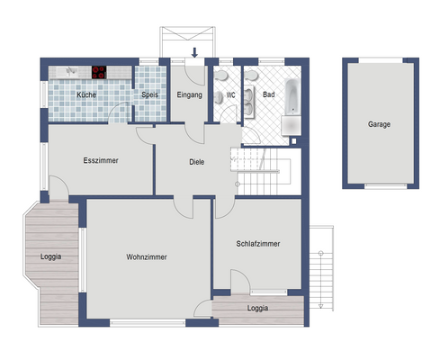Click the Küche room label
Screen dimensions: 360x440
pos(86,94)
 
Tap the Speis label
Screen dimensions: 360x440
pos(149,94)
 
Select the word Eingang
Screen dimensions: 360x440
pos(190,94)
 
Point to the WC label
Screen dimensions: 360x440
pos(231,94)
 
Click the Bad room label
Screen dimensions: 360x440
pos(268,94)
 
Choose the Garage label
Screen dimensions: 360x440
pos(379,124)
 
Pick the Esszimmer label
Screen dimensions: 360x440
pos(101,161)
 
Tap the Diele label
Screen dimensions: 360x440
pos(197,163)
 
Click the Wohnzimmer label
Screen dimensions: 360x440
pos(148,256)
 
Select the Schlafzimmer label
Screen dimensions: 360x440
pos(258,244)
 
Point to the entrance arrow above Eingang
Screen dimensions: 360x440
pos(196,54)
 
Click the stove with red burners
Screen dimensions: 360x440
pos(99,72)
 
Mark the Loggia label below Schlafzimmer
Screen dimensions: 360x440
pos(258,308)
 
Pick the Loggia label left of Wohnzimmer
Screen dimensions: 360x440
pos(51,256)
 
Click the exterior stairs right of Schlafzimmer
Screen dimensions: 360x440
pos(320,265)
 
